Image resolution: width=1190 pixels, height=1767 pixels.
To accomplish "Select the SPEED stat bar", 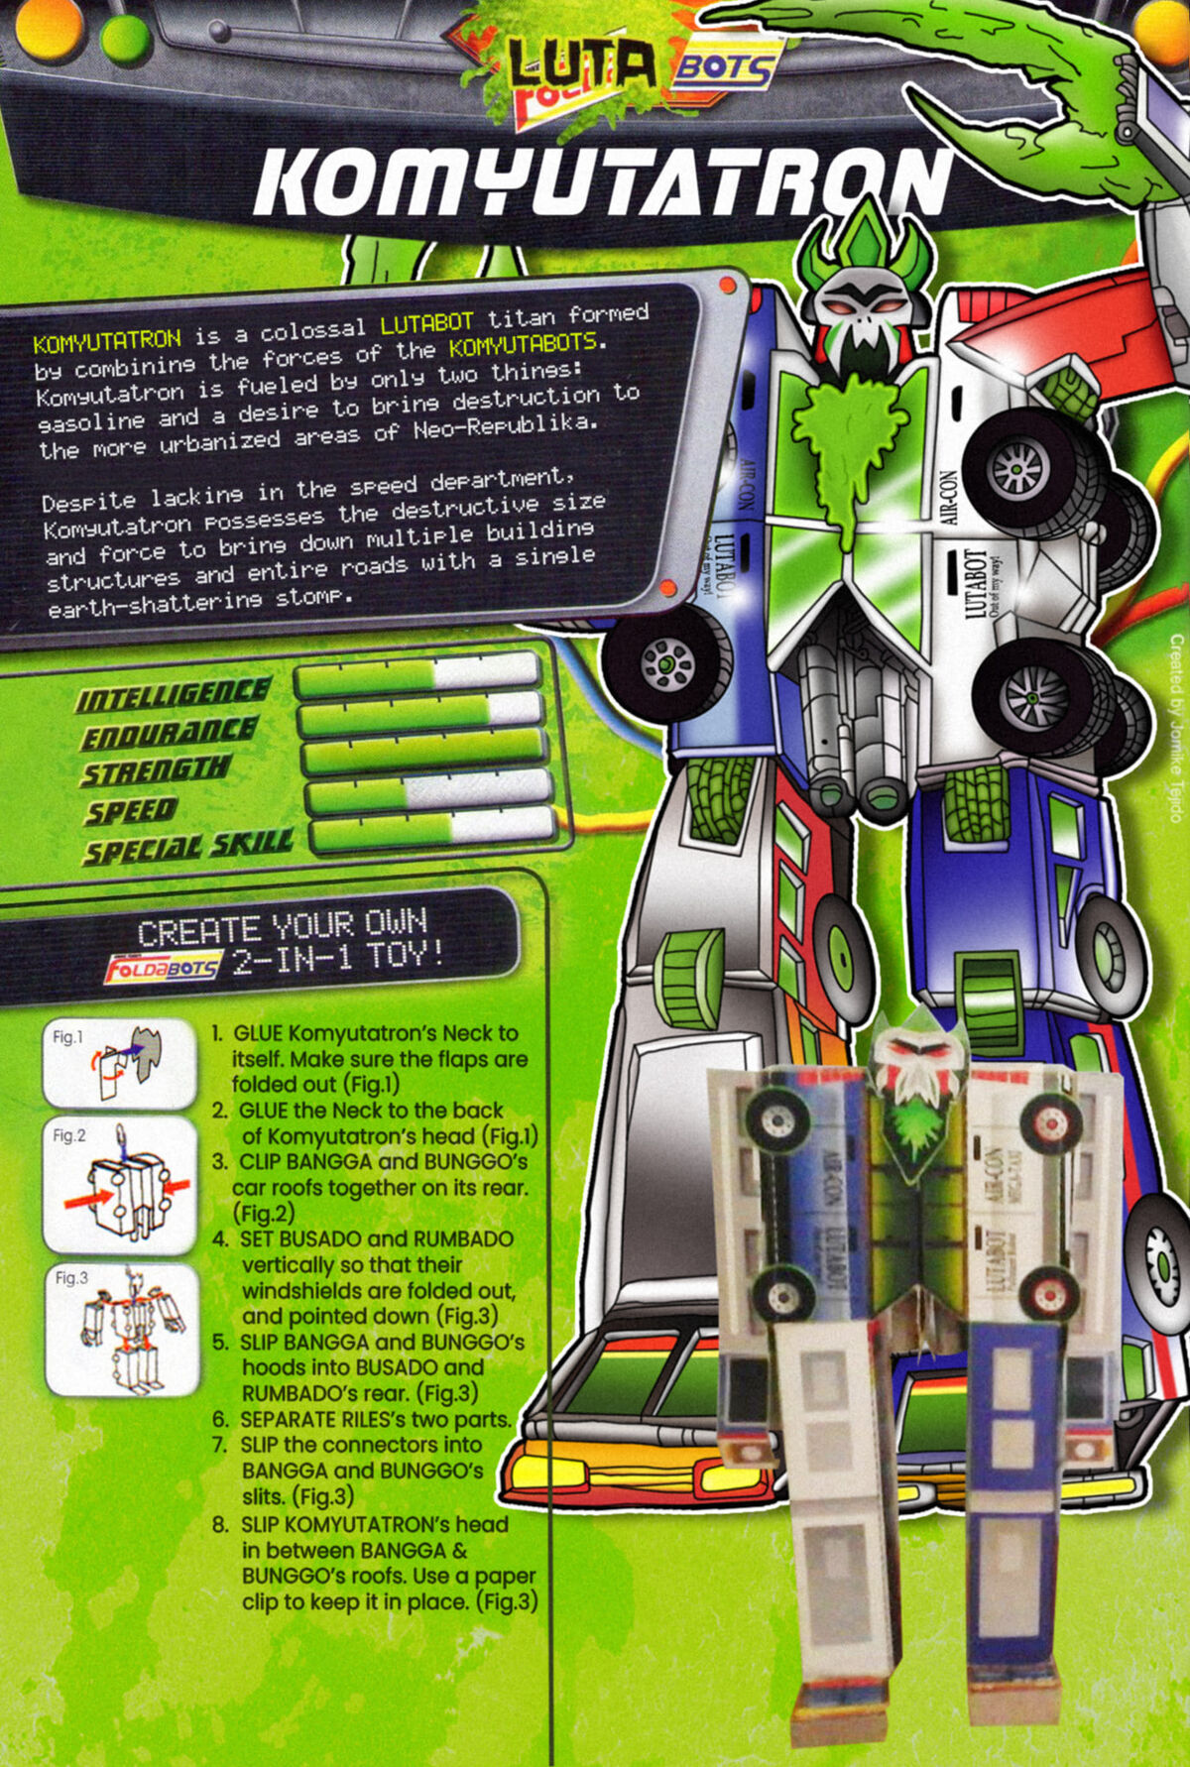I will click(428, 791).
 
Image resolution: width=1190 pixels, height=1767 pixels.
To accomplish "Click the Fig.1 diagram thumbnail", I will click(119, 1064).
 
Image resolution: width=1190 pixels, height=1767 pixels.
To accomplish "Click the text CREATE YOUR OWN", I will click(283, 928).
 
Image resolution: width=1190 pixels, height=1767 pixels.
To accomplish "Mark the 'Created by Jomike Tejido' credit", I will click(1176, 728).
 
